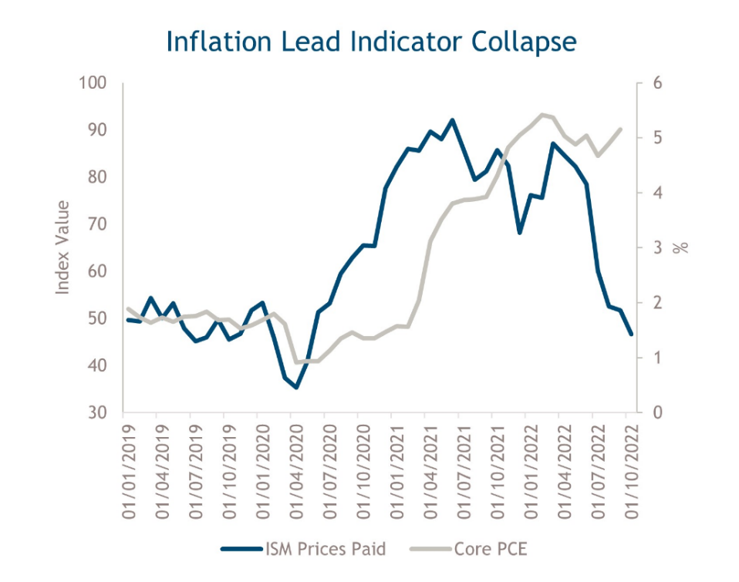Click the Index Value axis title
[63, 247]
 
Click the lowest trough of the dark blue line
[295, 387]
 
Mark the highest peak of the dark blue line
[453, 120]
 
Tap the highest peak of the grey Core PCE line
[542, 114]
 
